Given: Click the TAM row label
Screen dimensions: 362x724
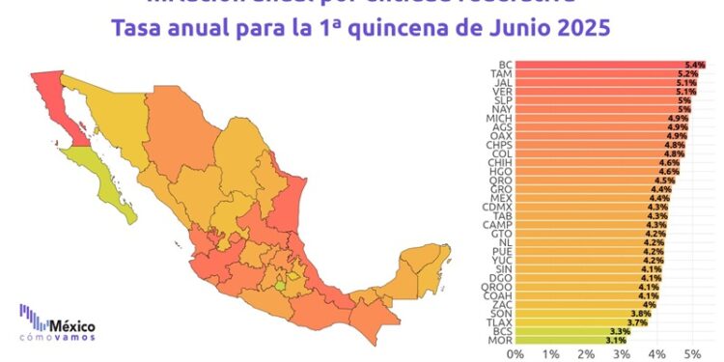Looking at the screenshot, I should tap(500, 74).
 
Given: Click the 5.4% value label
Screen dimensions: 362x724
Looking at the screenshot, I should tap(695, 65).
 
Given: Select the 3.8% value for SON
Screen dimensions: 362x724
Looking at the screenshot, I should tap(641, 313).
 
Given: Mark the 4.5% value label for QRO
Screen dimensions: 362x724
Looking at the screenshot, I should tap(665, 181).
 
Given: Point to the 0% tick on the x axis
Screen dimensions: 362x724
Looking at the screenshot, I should tap(515, 354).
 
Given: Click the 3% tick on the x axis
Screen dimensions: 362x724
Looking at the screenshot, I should tap(621, 354).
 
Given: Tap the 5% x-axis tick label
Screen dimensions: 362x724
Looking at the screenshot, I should tap(691, 354).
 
